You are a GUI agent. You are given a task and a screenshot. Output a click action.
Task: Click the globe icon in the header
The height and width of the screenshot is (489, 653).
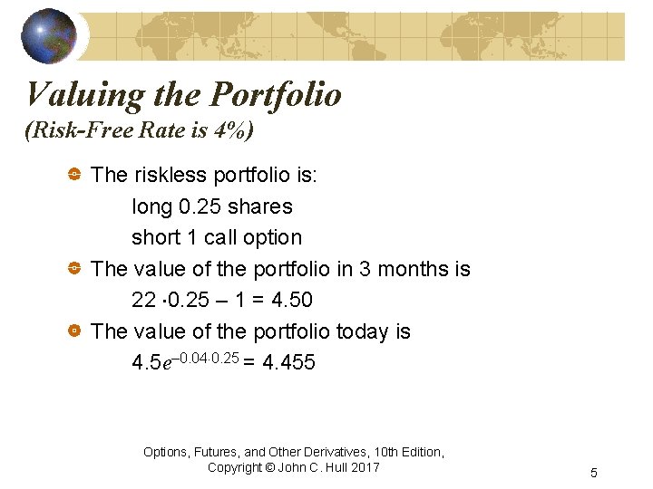click(49, 36)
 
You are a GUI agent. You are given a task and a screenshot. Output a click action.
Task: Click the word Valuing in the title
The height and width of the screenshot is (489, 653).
click(72, 93)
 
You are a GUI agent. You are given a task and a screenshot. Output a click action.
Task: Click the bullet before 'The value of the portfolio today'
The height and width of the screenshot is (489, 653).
click(75, 331)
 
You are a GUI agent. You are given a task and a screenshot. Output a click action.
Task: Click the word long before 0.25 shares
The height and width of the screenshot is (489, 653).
click(151, 207)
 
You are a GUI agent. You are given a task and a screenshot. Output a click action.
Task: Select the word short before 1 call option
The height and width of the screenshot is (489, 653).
click(155, 237)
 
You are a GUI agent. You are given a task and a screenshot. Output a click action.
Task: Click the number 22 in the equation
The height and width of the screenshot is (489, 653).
click(143, 300)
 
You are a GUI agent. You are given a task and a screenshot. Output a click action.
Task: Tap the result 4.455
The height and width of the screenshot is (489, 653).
click(288, 363)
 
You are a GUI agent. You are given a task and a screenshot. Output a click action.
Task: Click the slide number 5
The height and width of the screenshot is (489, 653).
click(593, 473)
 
